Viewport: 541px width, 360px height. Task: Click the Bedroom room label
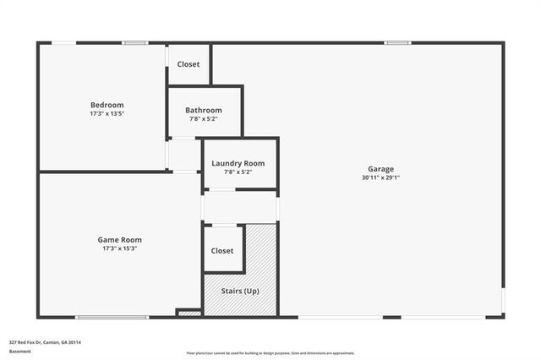tap(107, 105)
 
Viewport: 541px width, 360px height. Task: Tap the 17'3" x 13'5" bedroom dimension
tap(107, 113)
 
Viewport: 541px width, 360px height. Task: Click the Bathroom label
tap(204, 111)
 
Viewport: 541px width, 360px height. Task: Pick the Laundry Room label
tap(238, 163)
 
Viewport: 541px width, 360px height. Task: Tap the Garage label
tap(380, 169)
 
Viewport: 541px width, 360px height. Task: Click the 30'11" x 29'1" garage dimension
tap(380, 177)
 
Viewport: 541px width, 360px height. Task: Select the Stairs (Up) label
tap(240, 291)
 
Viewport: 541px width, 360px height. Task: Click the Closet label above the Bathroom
tap(189, 64)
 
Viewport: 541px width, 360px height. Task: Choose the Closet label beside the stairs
tap(222, 251)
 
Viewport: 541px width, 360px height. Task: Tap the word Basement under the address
tap(19, 351)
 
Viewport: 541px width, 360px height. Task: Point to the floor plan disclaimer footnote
tap(270, 353)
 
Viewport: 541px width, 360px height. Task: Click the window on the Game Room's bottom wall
tap(113, 318)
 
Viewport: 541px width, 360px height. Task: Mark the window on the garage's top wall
tap(397, 42)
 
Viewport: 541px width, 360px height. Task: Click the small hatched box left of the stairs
tap(190, 314)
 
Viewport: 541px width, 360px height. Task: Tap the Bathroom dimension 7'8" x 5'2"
tap(204, 119)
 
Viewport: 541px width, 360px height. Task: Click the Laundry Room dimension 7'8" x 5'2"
tap(238, 172)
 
